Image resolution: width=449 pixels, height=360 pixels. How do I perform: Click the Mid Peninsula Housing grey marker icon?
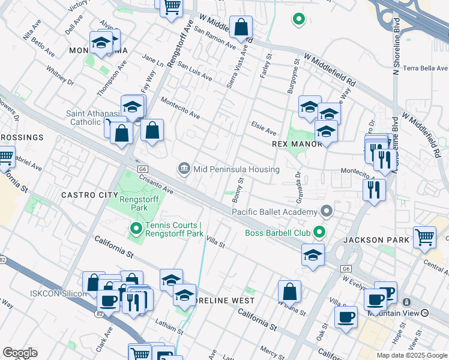click(x=185, y=169)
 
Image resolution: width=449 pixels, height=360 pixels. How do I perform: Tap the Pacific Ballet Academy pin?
click(x=326, y=212)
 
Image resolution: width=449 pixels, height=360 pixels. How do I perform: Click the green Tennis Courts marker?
click(x=136, y=229)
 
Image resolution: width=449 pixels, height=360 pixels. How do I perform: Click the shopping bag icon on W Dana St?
click(x=289, y=292)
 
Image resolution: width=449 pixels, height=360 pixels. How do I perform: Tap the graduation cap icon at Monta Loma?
click(x=101, y=43)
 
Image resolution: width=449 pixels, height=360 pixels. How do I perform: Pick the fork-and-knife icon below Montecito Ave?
click(x=374, y=190)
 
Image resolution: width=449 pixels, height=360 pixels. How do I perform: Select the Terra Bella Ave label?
click(x=426, y=68)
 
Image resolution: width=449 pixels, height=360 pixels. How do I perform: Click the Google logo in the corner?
click(x=20, y=353)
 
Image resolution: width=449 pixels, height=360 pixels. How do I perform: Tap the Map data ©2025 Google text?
click(x=411, y=355)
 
